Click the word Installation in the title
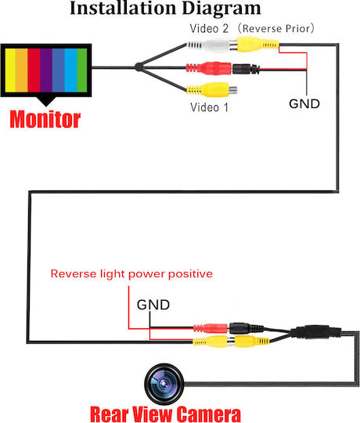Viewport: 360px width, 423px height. pos(124,8)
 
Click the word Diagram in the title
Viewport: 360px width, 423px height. pos(221,9)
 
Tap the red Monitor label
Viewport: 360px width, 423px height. pos(45,119)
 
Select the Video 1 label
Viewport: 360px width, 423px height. pos(210,107)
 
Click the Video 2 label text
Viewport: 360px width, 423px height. pos(209,29)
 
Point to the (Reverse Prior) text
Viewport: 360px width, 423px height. pos(276,29)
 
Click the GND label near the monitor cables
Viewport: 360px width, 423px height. pos(304,104)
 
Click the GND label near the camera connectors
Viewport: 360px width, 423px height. pos(153,305)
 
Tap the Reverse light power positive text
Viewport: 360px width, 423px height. pos(131,274)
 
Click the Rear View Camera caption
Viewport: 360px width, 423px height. pos(165,414)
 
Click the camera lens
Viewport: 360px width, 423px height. pos(164,384)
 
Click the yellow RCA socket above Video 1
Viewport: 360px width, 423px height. pos(212,90)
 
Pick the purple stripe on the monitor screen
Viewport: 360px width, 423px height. pos(46,70)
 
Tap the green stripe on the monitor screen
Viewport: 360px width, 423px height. pos(82,70)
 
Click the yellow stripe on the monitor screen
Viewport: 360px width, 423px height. pos(10,70)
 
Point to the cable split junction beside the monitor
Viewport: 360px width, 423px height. pos(139,67)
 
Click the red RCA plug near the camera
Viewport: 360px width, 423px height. pos(211,328)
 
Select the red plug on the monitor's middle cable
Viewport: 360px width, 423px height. pos(208,68)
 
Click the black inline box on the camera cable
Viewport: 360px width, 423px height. pos(315,332)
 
